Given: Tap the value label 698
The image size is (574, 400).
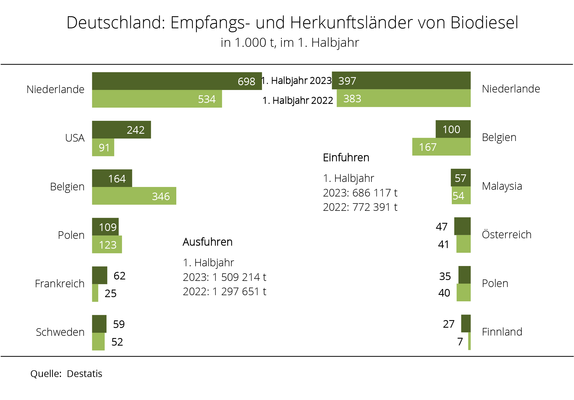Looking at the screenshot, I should (x=246, y=81).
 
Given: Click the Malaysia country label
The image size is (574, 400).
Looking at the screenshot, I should (x=502, y=186).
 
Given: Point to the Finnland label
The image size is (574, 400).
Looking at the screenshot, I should (x=502, y=332).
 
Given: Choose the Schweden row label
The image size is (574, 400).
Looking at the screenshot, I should (x=60, y=332).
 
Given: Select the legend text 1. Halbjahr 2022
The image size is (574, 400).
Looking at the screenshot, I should (x=298, y=100).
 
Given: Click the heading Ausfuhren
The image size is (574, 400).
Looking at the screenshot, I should (x=207, y=242).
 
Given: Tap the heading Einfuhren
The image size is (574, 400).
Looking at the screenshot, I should (x=346, y=158).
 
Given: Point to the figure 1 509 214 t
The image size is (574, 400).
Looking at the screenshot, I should (x=239, y=277).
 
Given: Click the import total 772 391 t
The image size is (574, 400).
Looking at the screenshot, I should (x=375, y=207).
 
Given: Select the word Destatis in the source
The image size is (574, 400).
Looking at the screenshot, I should (x=84, y=374).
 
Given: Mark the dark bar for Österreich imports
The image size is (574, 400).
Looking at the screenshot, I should (x=462, y=226).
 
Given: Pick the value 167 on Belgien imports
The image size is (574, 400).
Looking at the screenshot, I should (x=427, y=147).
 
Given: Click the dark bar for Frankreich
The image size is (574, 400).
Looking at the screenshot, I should (x=99, y=275).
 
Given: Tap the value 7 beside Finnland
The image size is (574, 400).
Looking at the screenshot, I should (x=460, y=342).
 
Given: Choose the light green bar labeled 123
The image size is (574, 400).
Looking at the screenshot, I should (x=107, y=245).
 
